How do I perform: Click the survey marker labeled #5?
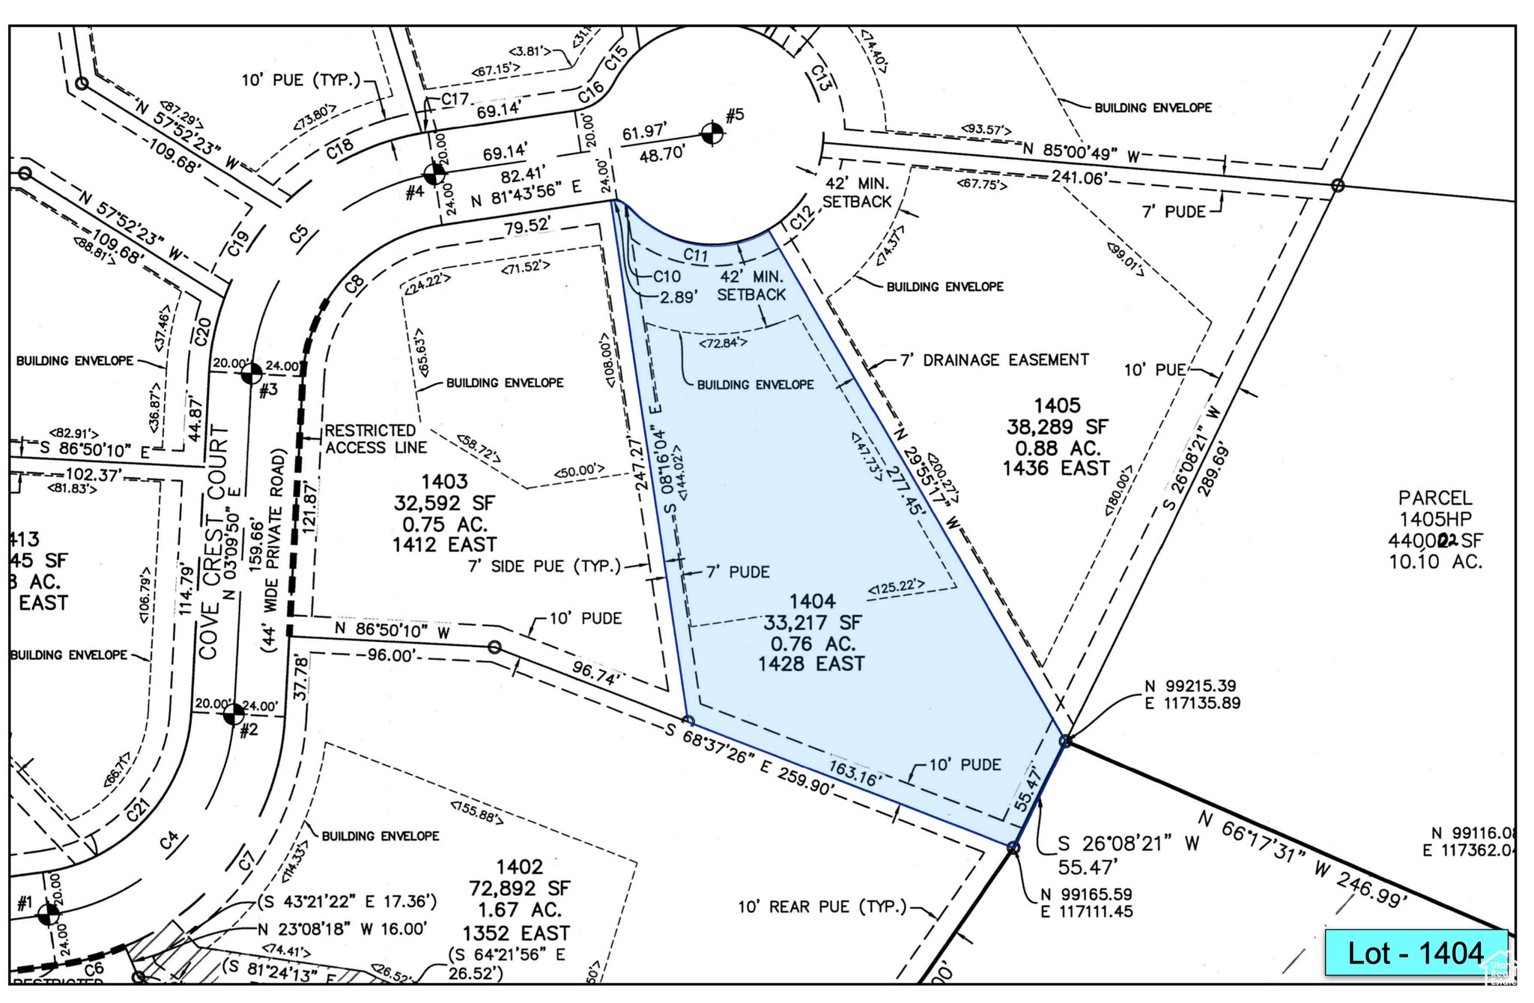click(x=712, y=134)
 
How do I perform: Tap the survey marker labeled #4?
click(x=434, y=175)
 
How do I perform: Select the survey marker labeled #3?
click(x=252, y=372)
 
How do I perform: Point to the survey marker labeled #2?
click(x=234, y=714)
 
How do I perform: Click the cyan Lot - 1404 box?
click(x=1415, y=953)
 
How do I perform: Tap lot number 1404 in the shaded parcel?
click(x=812, y=602)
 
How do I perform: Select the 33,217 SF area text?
click(x=812, y=622)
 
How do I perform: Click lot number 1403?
click(x=444, y=482)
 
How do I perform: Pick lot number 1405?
click(x=1057, y=406)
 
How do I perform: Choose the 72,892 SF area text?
click(x=519, y=888)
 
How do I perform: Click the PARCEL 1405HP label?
click(x=1435, y=508)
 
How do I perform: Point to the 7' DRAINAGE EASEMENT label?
click(x=994, y=360)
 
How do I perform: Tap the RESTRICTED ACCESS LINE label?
click(x=375, y=439)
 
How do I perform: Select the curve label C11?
click(x=696, y=255)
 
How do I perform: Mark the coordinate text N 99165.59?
click(x=1086, y=894)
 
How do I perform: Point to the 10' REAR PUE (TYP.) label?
click(x=822, y=907)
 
